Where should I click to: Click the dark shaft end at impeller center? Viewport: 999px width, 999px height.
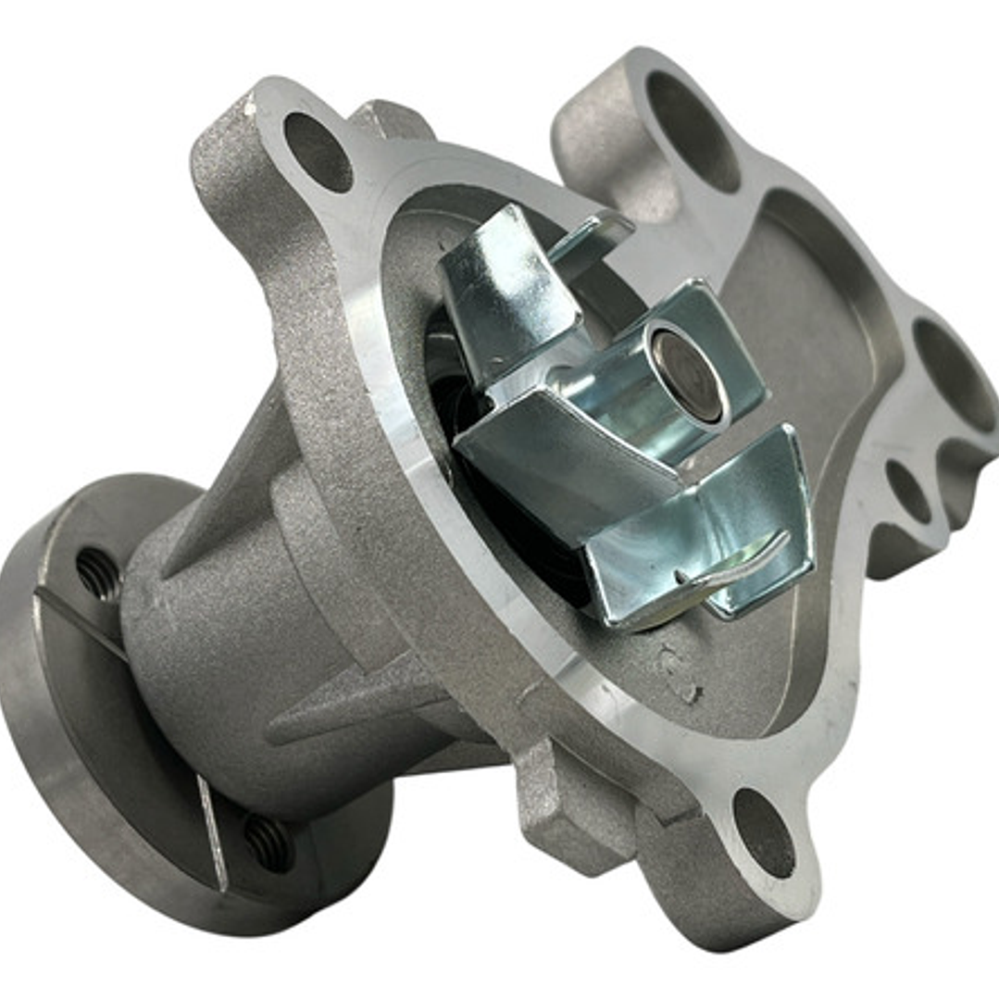pyautogui.click(x=687, y=376)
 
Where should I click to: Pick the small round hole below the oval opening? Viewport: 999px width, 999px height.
pyautogui.click(x=907, y=491)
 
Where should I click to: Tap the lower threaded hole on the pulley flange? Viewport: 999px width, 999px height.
pyautogui.click(x=268, y=837)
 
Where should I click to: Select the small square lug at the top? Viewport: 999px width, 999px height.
pyautogui.click(x=389, y=120)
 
